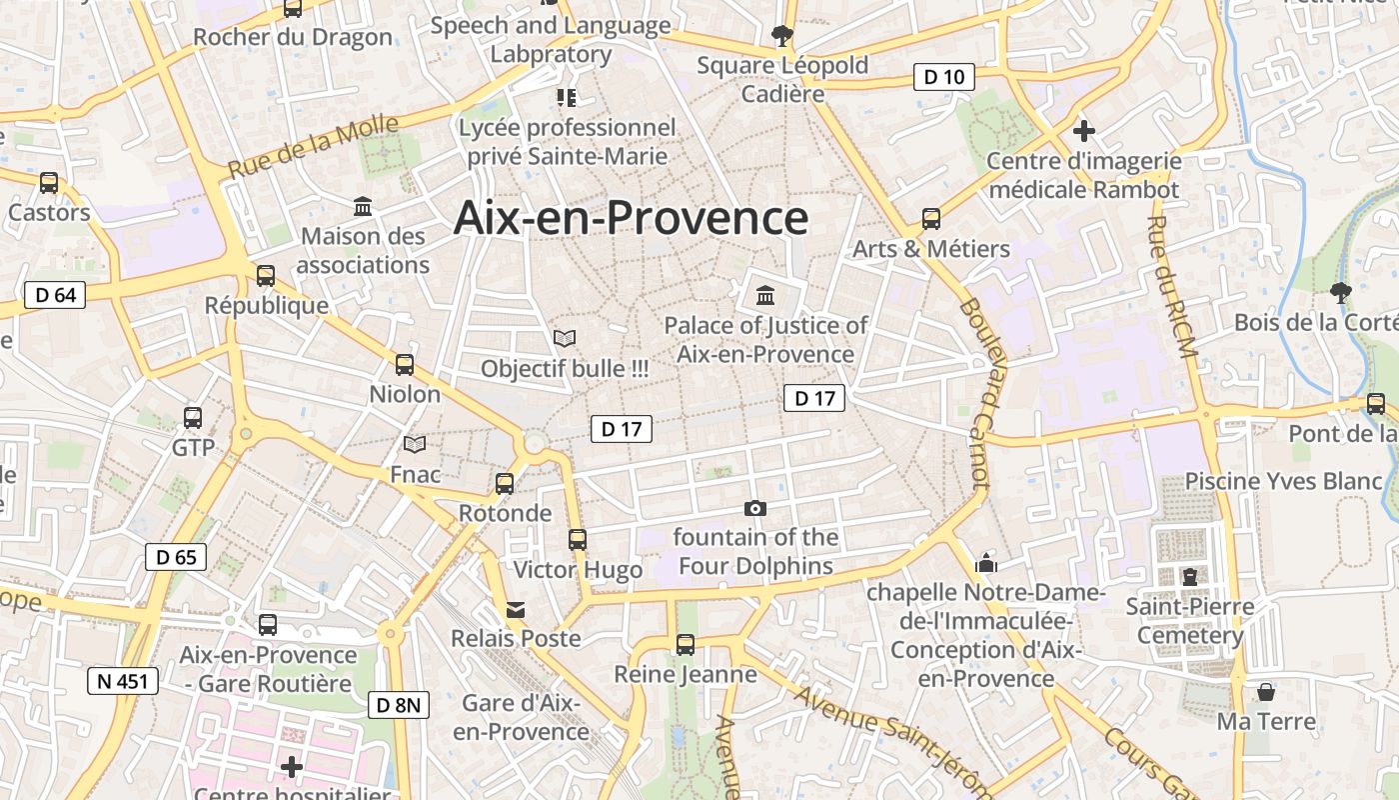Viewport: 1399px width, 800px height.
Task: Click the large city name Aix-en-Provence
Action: pyautogui.click(x=631, y=218)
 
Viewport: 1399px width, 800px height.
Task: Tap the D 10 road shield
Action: pyautogui.click(x=943, y=77)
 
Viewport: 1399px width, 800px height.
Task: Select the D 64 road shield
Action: pyautogui.click(x=55, y=295)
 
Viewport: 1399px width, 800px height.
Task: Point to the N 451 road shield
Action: pyautogui.click(x=123, y=682)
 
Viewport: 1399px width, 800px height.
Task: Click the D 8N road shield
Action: pyautogui.click(x=399, y=705)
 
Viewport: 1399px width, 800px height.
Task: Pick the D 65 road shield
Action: pyautogui.click(x=177, y=557)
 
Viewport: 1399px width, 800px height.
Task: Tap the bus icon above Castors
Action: pyautogui.click(x=49, y=183)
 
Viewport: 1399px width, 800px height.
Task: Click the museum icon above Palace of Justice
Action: pyautogui.click(x=765, y=295)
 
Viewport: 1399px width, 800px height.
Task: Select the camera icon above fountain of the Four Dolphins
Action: pyautogui.click(x=755, y=508)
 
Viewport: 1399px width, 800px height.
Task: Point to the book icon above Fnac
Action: pyautogui.click(x=415, y=444)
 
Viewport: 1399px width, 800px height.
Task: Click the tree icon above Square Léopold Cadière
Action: pyautogui.click(x=781, y=36)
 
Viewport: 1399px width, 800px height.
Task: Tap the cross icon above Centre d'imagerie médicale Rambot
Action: pyautogui.click(x=1083, y=131)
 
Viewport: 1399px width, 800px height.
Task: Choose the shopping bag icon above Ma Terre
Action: pyautogui.click(x=1266, y=692)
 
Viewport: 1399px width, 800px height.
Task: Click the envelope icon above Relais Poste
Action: pyautogui.click(x=516, y=609)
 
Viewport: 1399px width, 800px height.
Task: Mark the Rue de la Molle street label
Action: pyautogui.click(x=314, y=147)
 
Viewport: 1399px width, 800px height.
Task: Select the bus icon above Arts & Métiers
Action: pyautogui.click(x=931, y=219)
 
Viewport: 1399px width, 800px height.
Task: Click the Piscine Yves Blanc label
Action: pyautogui.click(x=1283, y=481)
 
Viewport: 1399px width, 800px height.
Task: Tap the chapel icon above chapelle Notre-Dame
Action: pyautogui.click(x=986, y=563)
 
